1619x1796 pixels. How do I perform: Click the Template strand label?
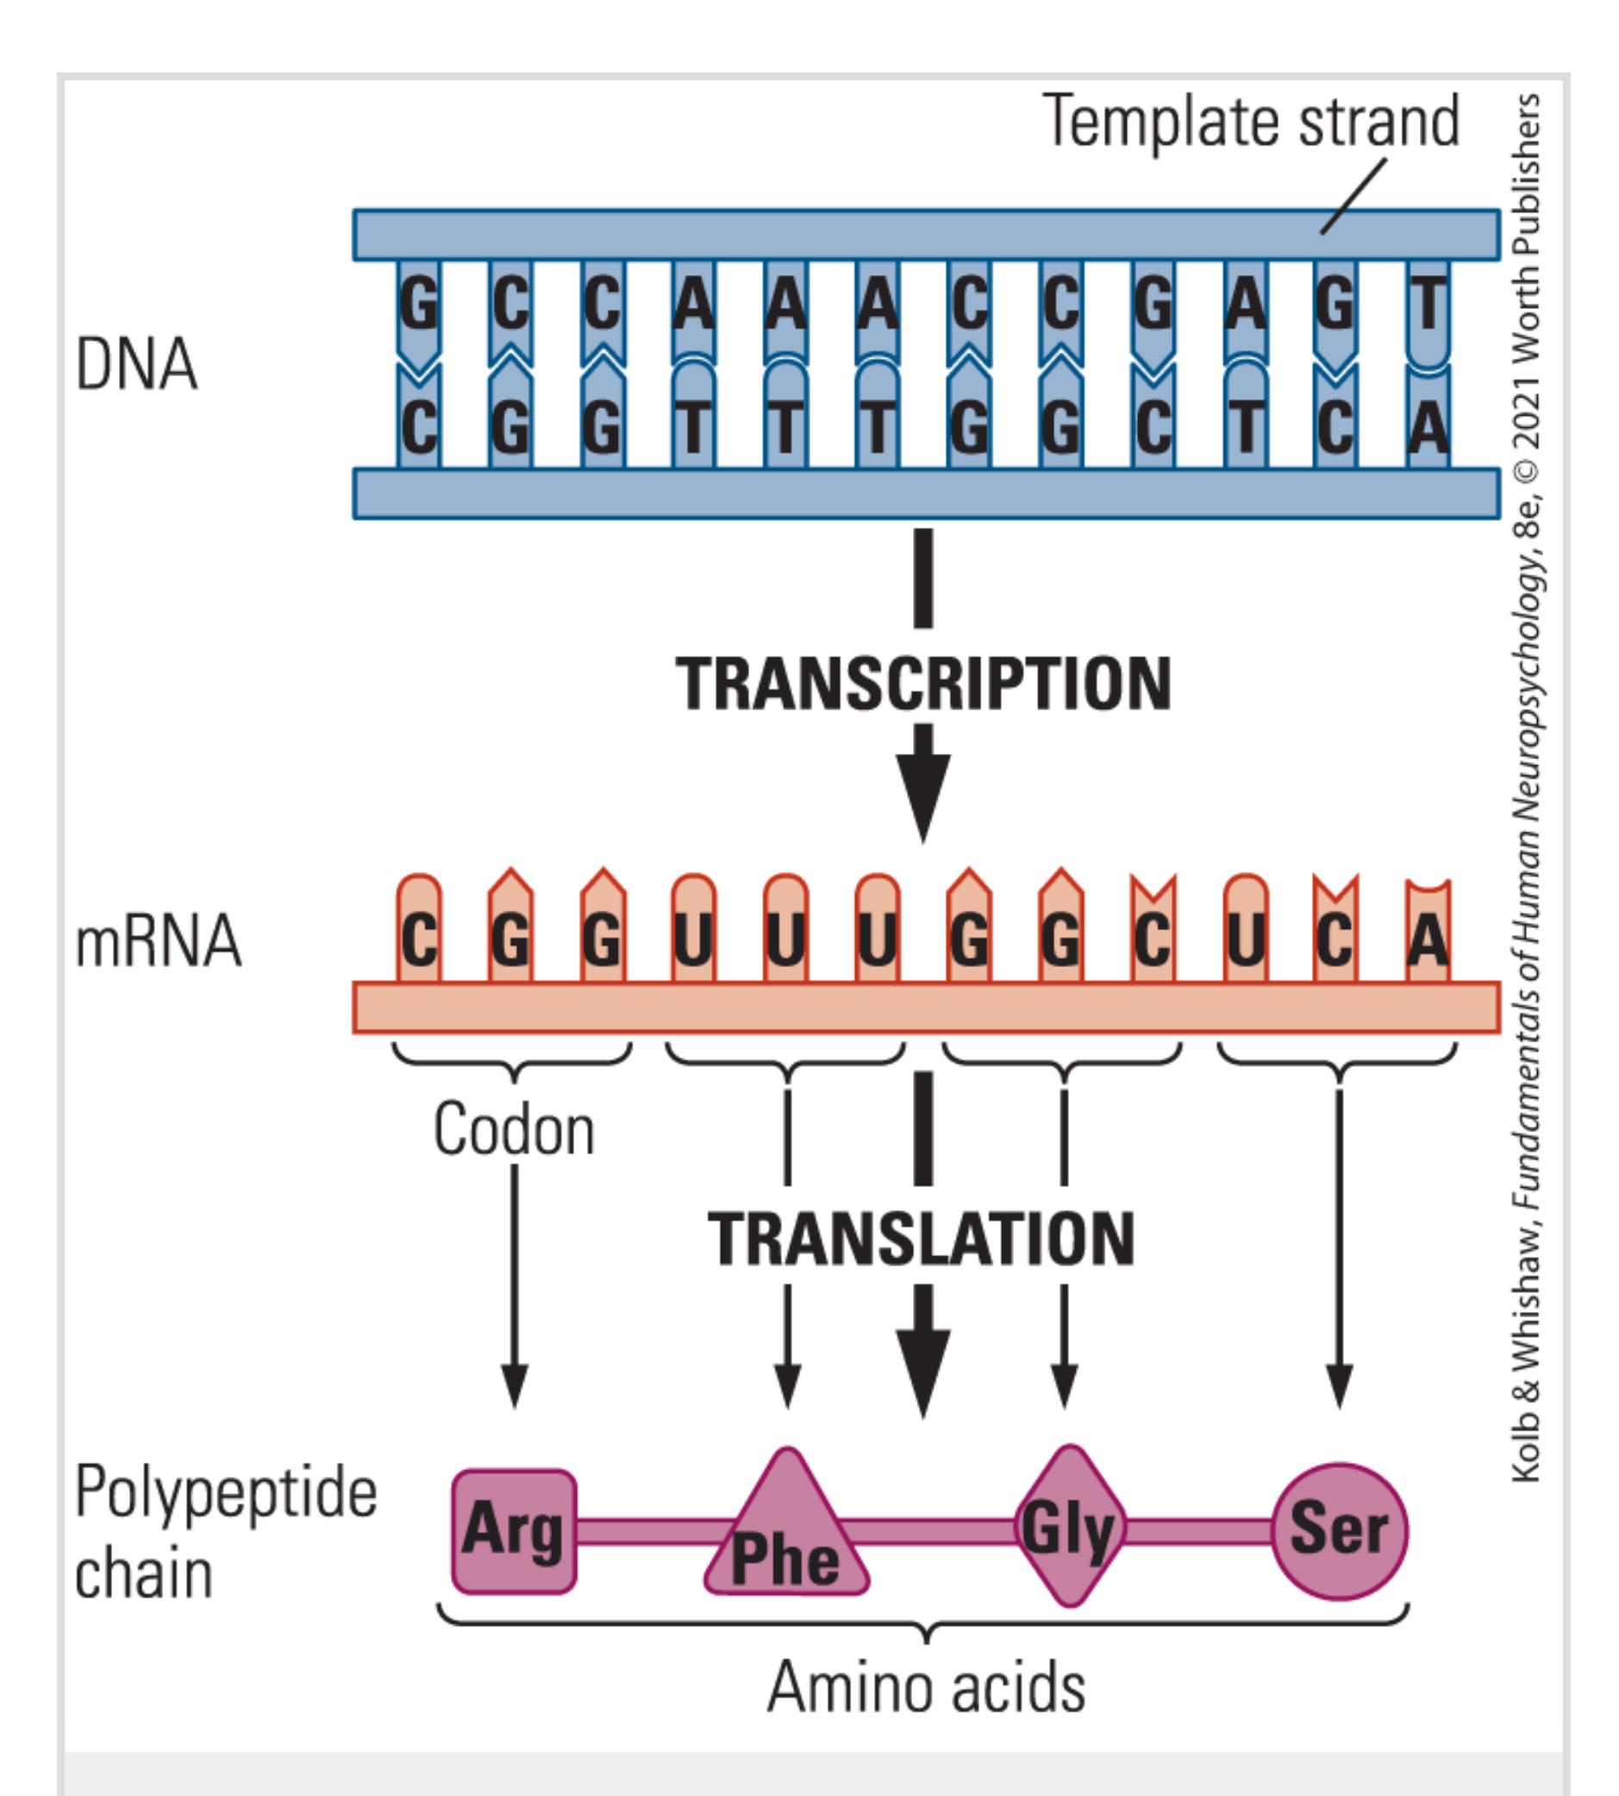click(x=1251, y=121)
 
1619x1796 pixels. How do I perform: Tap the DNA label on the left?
click(x=136, y=365)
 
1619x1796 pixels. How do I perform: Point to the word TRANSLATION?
click(x=922, y=1239)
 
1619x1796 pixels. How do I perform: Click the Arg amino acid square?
click(x=513, y=1531)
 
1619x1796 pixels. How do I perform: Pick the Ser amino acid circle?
click(x=1339, y=1530)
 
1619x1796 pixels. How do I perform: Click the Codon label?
click(x=513, y=1129)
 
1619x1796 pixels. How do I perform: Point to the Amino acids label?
click(x=926, y=1686)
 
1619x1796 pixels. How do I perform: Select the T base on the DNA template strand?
click(x=1428, y=305)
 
